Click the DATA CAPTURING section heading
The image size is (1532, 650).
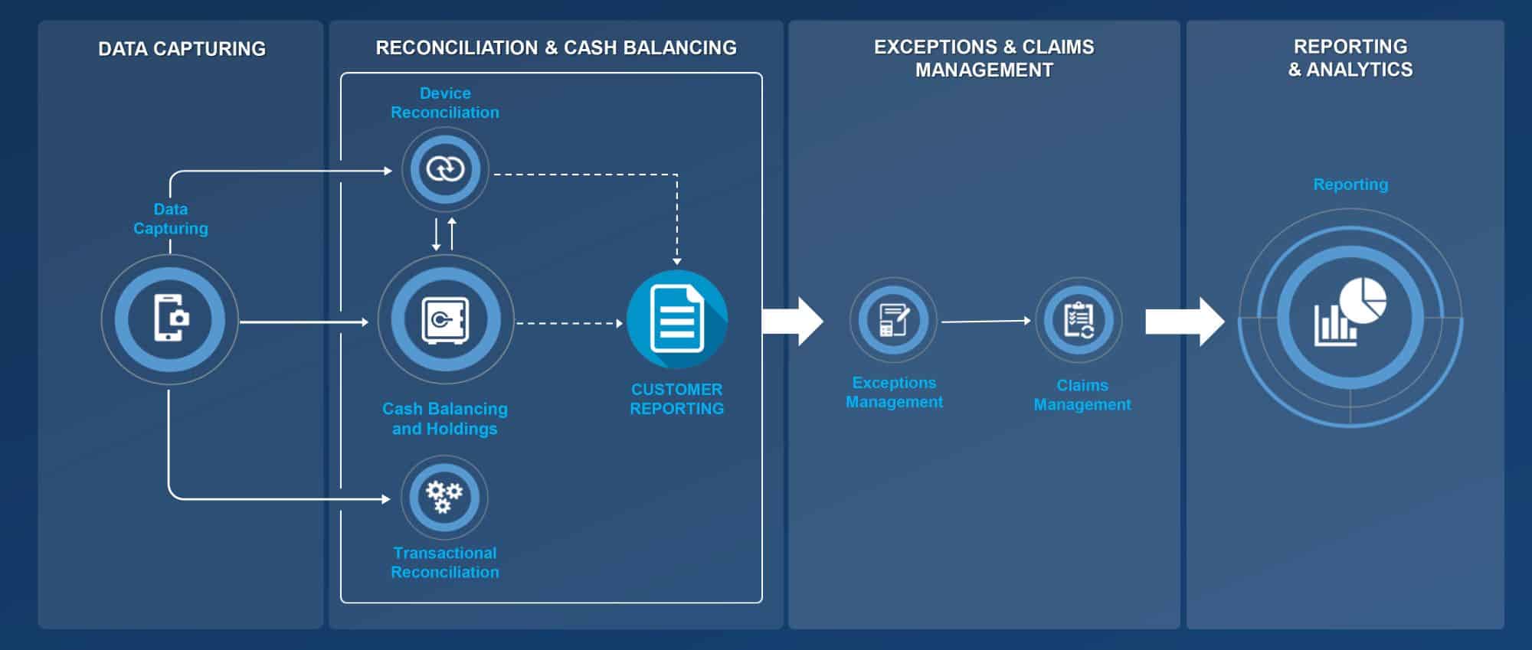182,49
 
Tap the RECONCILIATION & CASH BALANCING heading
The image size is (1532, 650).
556,47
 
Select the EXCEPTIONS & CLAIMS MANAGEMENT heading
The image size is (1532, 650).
984,58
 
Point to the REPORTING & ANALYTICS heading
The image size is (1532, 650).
1350,58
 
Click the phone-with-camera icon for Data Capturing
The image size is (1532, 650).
170,318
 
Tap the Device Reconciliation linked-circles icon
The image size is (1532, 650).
445,168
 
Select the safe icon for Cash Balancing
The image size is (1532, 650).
445,319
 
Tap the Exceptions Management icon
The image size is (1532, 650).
894,320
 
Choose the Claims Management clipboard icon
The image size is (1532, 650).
1079,320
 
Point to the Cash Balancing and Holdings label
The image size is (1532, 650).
445,419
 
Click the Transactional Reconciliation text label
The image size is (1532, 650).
445,562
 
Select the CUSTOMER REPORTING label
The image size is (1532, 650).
677,399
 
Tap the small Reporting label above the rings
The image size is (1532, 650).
1350,185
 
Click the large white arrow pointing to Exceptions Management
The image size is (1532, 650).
794,322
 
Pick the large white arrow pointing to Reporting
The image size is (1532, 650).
1184,322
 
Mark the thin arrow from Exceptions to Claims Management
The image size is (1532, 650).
986,322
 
